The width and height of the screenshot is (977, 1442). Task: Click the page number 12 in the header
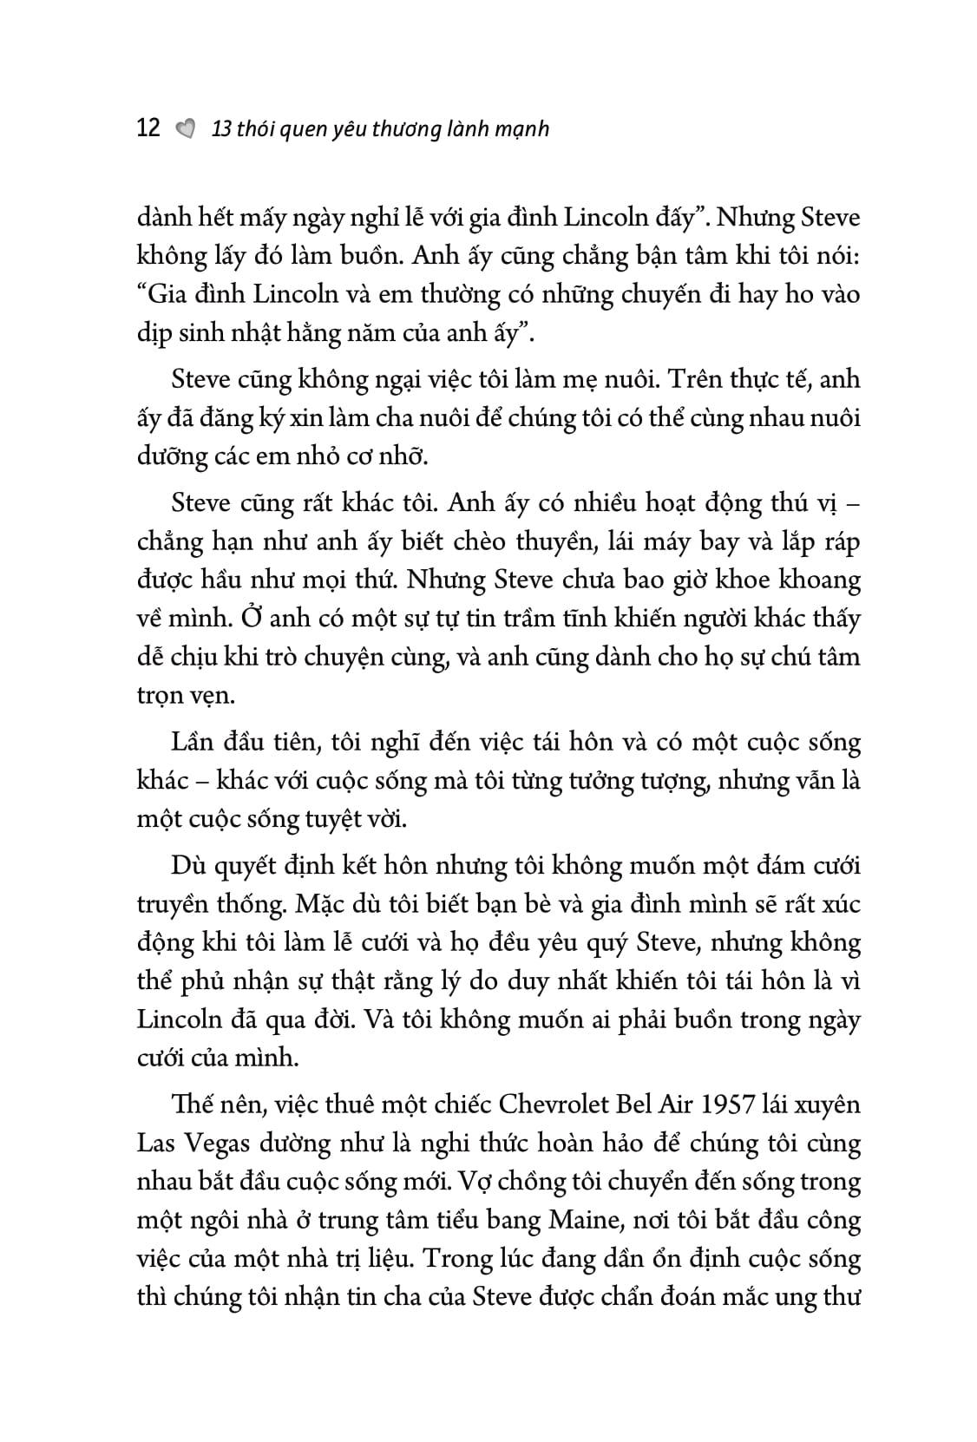point(149,128)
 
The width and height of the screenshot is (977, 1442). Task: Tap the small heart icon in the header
point(185,129)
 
